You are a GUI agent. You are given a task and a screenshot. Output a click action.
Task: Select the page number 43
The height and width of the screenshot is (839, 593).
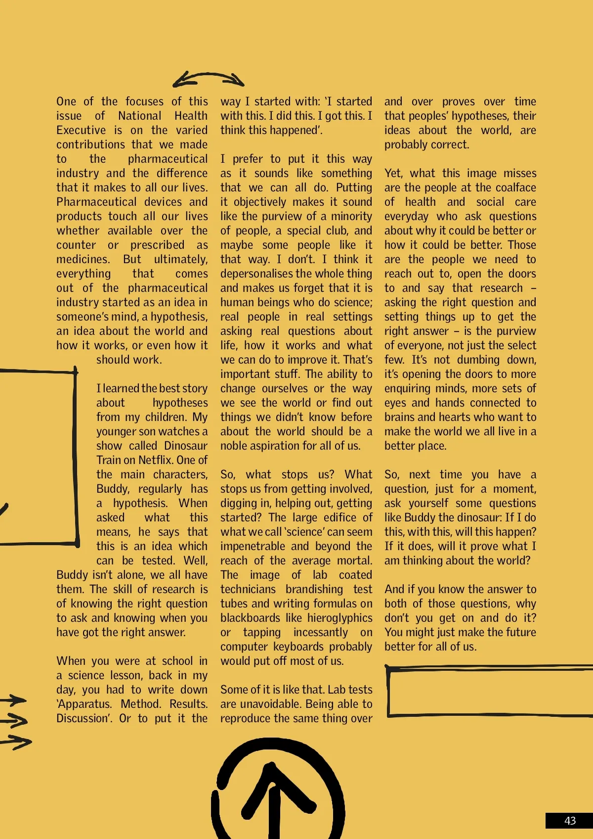tap(570, 821)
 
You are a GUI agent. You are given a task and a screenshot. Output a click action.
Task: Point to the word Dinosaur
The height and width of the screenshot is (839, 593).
tap(186, 446)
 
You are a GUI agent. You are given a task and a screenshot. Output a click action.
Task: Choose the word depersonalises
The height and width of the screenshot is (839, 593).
tap(255, 274)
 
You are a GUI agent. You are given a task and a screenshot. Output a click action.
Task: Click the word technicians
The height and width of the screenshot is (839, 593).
tap(248, 589)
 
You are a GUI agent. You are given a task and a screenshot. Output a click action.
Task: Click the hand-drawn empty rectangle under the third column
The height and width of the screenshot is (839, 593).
tap(489, 692)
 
